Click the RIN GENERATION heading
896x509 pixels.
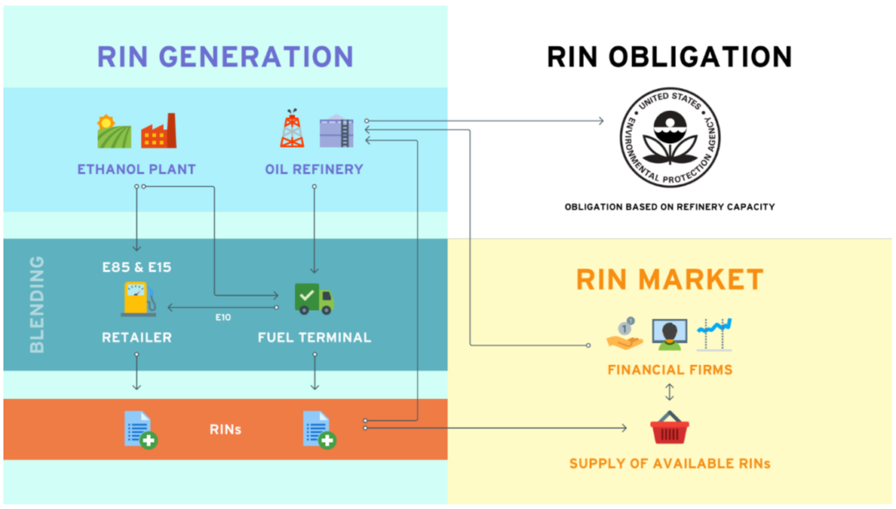pyautogui.click(x=225, y=56)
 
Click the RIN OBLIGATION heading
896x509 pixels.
pyautogui.click(x=669, y=57)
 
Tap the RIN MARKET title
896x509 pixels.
pyautogui.click(x=669, y=280)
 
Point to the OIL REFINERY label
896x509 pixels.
pyautogui.click(x=313, y=169)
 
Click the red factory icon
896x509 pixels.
pyautogui.click(x=158, y=130)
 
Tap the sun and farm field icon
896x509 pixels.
pyautogui.click(x=114, y=131)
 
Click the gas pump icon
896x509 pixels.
pyautogui.click(x=137, y=299)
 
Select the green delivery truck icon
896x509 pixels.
pyautogui.click(x=313, y=298)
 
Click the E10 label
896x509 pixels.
pyautogui.click(x=223, y=317)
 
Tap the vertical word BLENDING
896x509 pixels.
pyautogui.click(x=37, y=304)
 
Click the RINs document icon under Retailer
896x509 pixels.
pyautogui.click(x=139, y=429)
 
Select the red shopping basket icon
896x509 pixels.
pyautogui.click(x=669, y=428)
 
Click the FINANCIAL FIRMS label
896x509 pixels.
pyautogui.click(x=669, y=370)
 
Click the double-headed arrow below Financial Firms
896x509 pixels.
pyautogui.click(x=669, y=391)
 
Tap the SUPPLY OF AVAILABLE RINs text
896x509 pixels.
pyautogui.click(x=669, y=463)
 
